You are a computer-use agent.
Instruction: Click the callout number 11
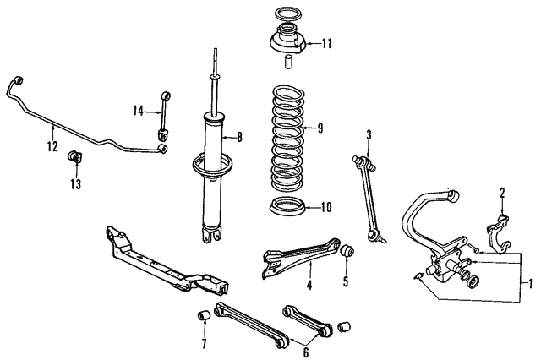pyautogui.click(x=327, y=43)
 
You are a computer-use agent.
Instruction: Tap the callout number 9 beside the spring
pyautogui.click(x=320, y=129)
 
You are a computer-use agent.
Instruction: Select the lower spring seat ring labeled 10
pyautogui.click(x=287, y=207)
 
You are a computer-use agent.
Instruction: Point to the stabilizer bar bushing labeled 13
pyautogui.click(x=73, y=158)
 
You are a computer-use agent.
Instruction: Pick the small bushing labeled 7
pyautogui.click(x=203, y=318)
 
